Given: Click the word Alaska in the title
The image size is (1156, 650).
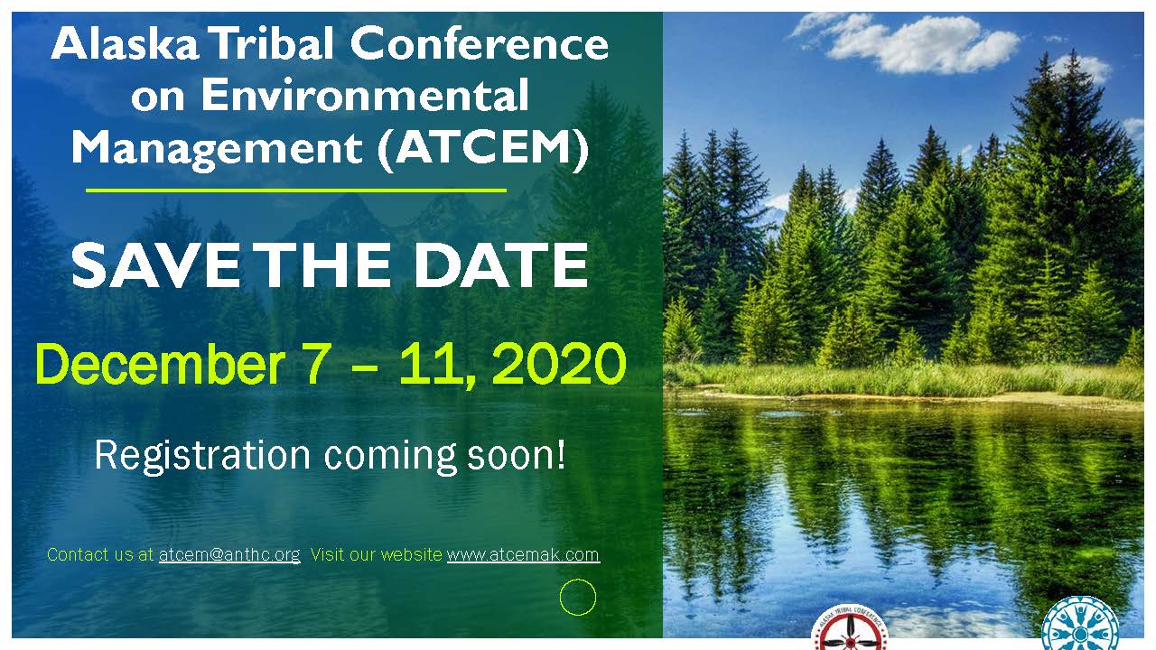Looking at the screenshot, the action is [x=126, y=44].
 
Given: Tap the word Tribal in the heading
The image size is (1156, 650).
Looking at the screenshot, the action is [x=274, y=43].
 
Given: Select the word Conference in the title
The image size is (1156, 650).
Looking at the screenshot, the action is [x=480, y=44].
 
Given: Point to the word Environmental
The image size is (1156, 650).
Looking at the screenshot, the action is [x=365, y=96].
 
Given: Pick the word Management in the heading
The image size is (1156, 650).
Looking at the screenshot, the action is [x=218, y=151].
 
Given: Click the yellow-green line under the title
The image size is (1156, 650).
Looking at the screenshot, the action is [x=296, y=190].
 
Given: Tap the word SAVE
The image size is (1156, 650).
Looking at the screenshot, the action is [x=154, y=265].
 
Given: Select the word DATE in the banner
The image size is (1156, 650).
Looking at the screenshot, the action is [x=501, y=265].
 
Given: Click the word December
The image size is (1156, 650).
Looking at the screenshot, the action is [x=160, y=364].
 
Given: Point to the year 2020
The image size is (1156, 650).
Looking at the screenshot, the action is [x=559, y=364].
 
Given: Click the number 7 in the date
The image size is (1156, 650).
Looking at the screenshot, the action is [x=315, y=364].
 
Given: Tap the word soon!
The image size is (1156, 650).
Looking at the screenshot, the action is [x=516, y=455].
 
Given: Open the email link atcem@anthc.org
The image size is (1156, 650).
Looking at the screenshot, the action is [x=229, y=555].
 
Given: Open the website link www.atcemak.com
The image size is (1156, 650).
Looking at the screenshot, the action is [x=523, y=555].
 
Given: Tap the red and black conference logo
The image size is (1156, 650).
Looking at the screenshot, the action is [x=850, y=627].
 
